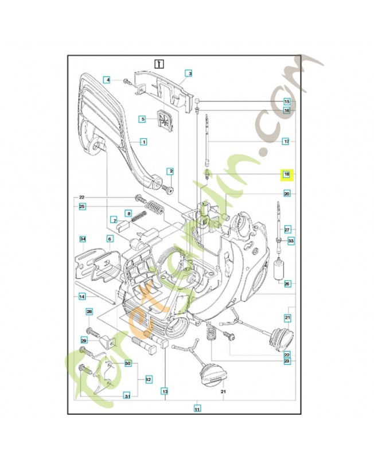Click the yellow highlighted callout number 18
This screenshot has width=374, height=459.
click(x=286, y=174)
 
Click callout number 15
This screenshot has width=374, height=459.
click(x=287, y=102)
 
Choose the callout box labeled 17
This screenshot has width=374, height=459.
click(x=286, y=141)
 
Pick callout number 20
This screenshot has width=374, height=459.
click(x=287, y=194)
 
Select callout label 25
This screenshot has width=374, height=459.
click(x=82, y=206)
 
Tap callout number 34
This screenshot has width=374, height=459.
click(x=82, y=239)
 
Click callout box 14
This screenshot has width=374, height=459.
click(x=82, y=296)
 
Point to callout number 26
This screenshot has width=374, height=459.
click(x=287, y=283)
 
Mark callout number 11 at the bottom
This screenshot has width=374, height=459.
click(x=197, y=409)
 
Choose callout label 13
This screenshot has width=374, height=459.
click(x=165, y=391)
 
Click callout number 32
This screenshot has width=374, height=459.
click(x=148, y=379)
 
